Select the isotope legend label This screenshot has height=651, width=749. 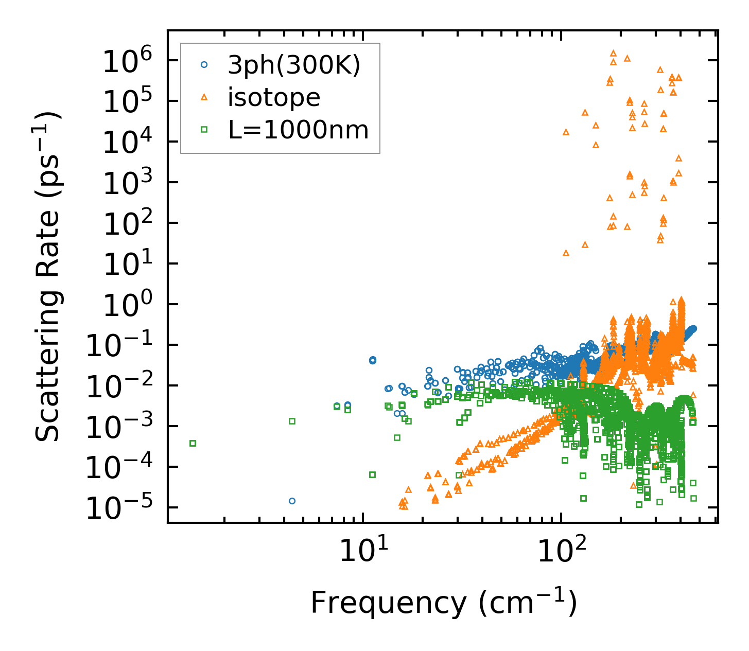pyautogui.click(x=274, y=97)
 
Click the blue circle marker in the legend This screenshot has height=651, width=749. pyautogui.click(x=204, y=65)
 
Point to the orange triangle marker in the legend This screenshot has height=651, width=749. pyautogui.click(x=204, y=97)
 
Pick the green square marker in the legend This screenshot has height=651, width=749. pyautogui.click(x=204, y=130)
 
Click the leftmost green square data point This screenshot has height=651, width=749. pyautogui.click(x=193, y=443)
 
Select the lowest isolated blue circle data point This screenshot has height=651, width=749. pyautogui.click(x=292, y=501)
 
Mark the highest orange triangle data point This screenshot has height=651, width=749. pyautogui.click(x=613, y=53)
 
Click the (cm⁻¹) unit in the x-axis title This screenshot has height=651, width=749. pyautogui.click(x=528, y=603)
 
